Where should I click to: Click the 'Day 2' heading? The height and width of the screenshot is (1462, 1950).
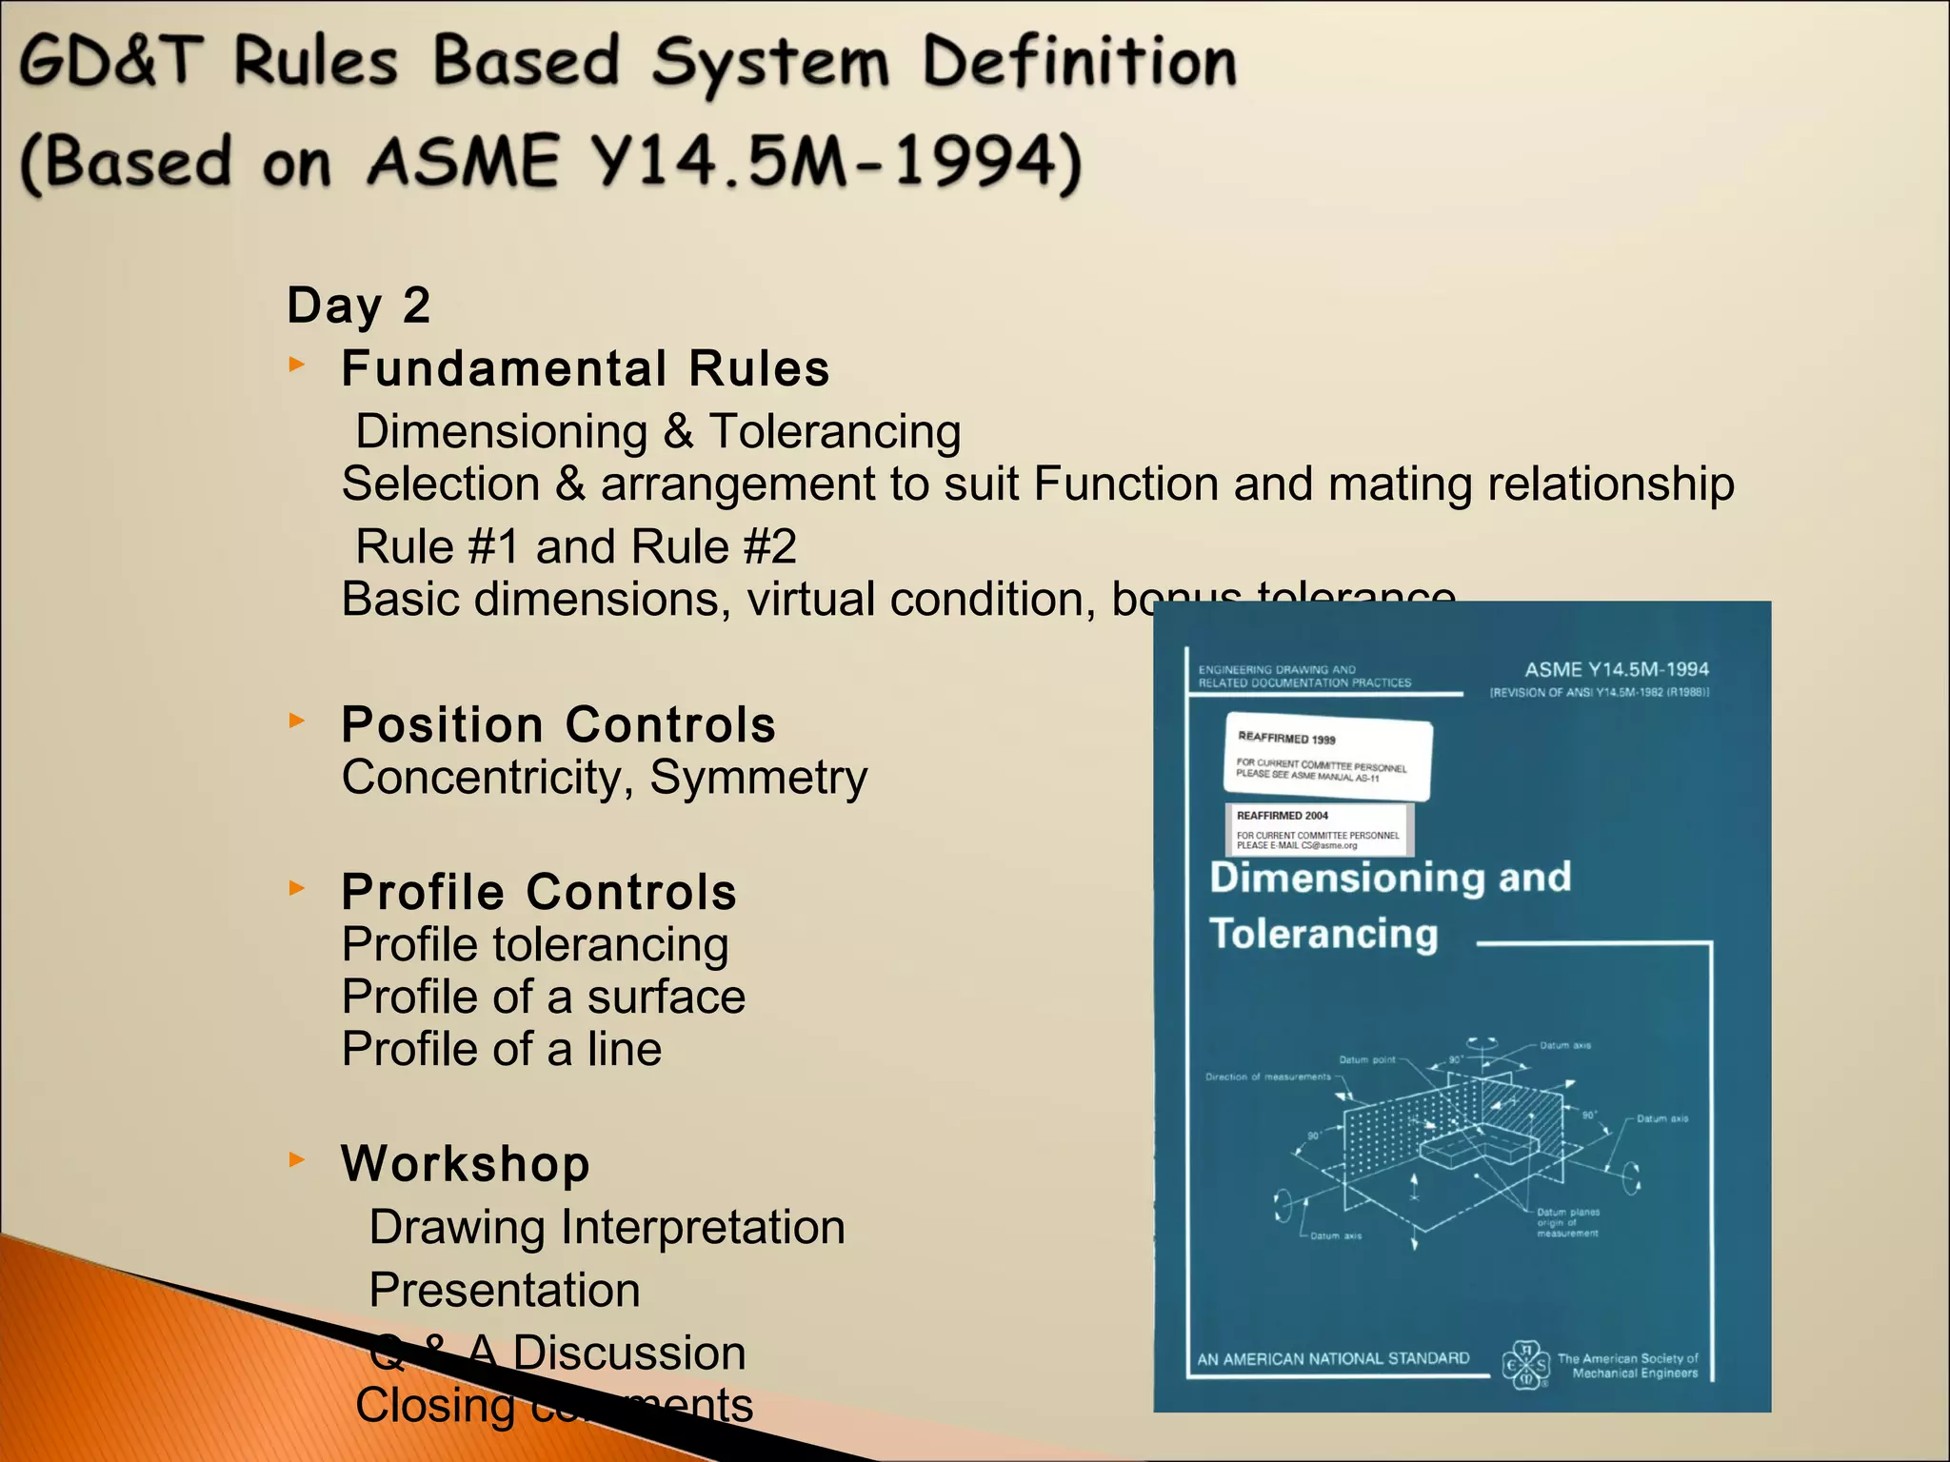point(359,306)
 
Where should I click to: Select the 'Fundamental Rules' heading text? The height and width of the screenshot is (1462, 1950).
point(585,368)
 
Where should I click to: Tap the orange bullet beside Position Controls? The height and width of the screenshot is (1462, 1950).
point(297,721)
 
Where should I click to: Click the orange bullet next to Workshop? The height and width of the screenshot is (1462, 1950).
point(297,1159)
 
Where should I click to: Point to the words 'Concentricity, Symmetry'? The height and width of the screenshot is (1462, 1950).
point(604,778)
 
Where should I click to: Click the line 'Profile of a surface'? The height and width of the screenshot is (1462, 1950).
point(543,997)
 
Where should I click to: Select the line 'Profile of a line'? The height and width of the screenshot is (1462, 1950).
point(501,1049)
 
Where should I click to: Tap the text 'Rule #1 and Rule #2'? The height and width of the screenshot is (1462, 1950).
point(575,546)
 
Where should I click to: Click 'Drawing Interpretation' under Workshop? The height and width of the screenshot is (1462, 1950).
point(607,1227)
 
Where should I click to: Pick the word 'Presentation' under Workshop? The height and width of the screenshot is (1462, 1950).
point(504,1290)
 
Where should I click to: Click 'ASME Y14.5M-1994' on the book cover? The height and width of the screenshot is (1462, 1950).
point(1616,669)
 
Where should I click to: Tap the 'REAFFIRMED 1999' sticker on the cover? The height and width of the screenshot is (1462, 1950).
point(1327,756)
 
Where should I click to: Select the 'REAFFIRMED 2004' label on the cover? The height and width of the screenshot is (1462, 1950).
point(1317,829)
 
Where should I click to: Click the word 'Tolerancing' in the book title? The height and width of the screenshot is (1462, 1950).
point(1323,934)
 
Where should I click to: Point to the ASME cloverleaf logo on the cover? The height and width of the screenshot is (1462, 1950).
point(1526,1364)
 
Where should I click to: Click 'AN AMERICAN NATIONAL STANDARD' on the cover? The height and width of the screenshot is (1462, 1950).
point(1333,1358)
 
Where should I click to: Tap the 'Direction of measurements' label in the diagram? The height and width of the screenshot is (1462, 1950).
point(1267,1077)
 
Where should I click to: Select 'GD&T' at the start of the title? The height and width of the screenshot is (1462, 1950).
point(112,60)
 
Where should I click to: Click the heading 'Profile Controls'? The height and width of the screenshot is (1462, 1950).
point(539,892)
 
